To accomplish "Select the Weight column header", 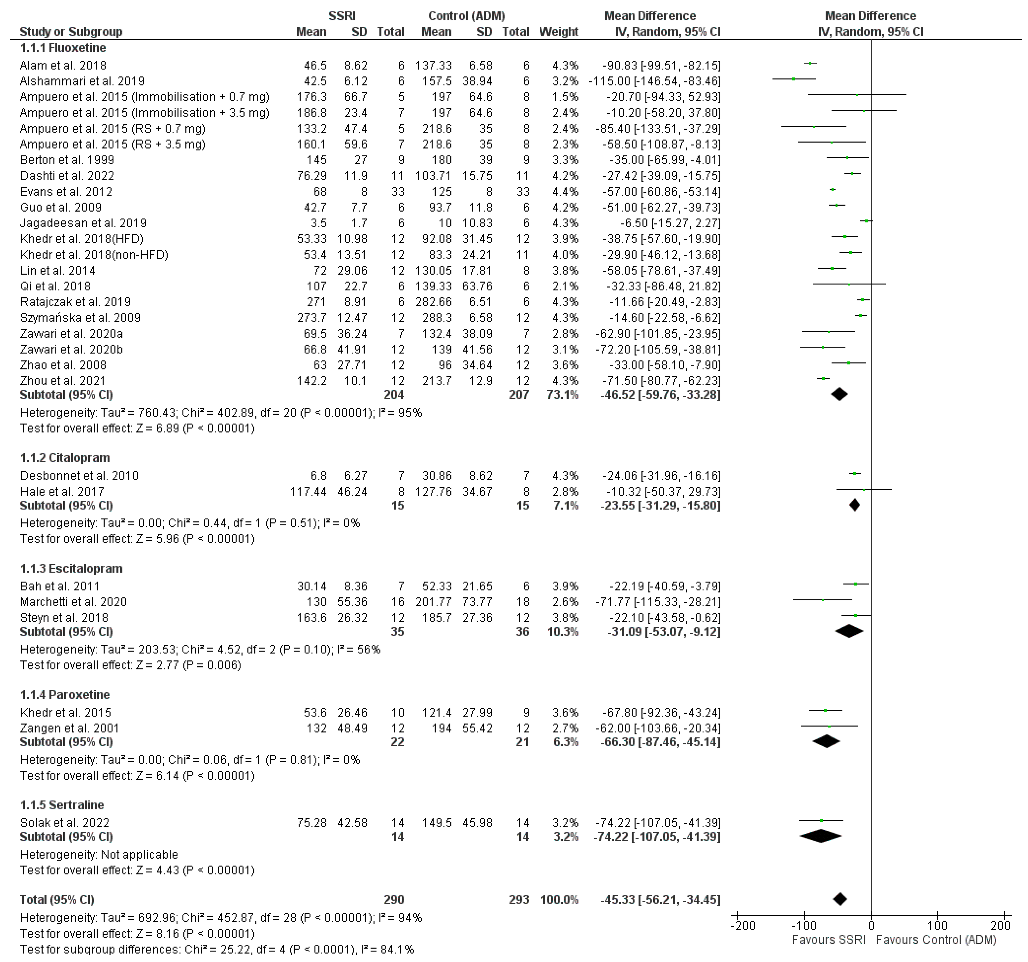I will click(558, 32).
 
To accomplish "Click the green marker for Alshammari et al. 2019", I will click(794, 79).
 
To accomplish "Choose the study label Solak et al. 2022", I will click(65, 823).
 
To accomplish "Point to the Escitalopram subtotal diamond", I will click(849, 631).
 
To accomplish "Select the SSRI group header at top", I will click(342, 16).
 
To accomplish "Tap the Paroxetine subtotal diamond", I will click(826, 742).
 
